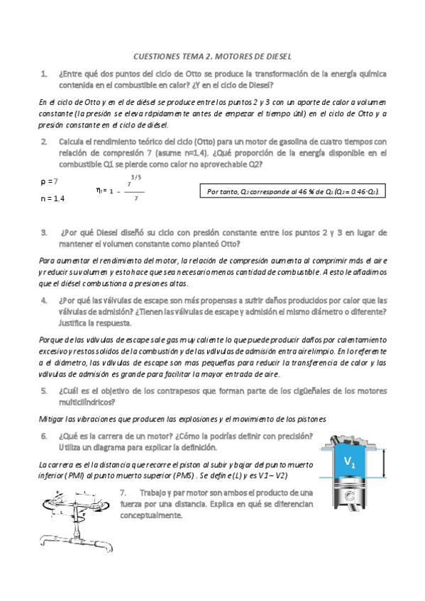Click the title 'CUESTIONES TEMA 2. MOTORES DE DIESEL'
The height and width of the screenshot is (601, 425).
(213, 56)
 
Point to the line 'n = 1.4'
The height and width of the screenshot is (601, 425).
(53, 199)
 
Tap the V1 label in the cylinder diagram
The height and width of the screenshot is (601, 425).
(350, 462)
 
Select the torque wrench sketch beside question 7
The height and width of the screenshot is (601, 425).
(74, 516)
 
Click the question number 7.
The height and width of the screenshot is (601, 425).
(123, 493)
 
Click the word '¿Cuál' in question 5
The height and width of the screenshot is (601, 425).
(72, 391)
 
